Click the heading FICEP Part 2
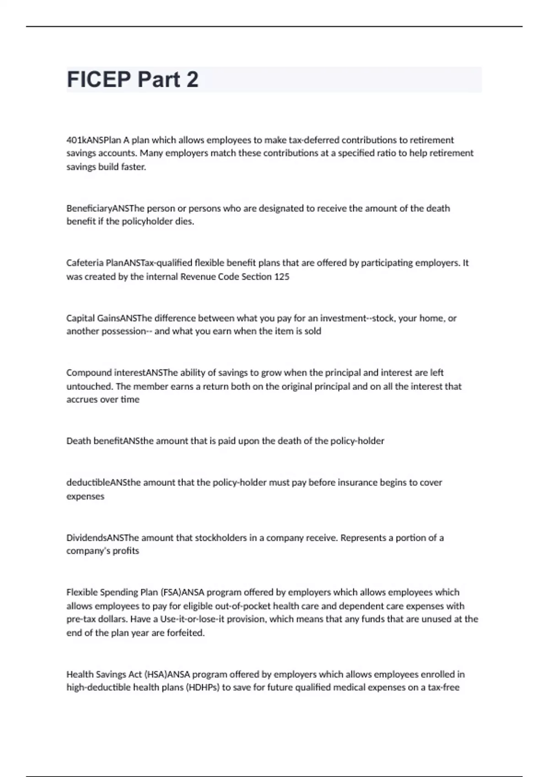133,80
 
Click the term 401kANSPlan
94,140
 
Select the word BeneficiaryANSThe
105,208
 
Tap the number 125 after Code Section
282,277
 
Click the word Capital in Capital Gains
81,318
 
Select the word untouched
89,386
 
